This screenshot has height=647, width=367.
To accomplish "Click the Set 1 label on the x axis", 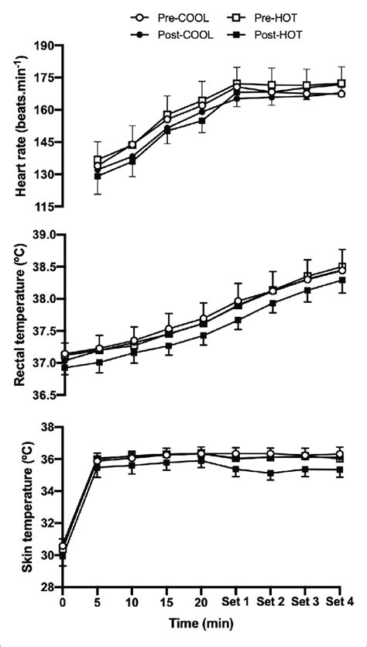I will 236,601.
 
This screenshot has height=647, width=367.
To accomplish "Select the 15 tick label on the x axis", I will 166,601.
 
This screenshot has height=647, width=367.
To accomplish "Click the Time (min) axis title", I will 200,621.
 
